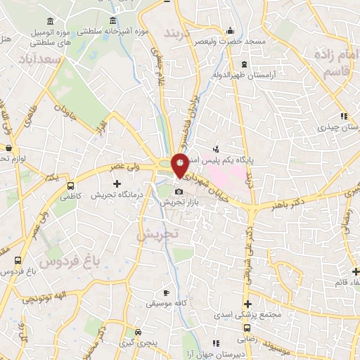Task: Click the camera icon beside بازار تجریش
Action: [179, 191]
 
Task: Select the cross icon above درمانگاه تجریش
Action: [117, 184]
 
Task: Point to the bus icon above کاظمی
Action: [70, 186]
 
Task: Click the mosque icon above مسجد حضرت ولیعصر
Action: [231, 32]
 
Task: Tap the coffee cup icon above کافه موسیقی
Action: [166, 292]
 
